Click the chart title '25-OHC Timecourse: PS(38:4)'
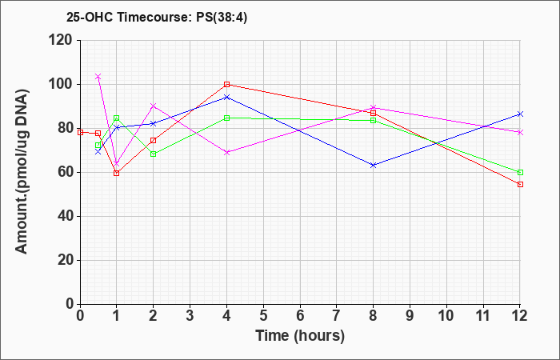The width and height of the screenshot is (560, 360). pyautogui.click(x=157, y=18)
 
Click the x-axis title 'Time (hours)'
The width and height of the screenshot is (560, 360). pyautogui.click(x=300, y=336)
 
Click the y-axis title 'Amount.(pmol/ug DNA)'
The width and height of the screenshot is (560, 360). pyautogui.click(x=22, y=172)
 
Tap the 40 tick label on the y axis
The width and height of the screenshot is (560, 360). pyautogui.click(x=66, y=217)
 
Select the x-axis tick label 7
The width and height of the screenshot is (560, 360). pyautogui.click(x=337, y=316)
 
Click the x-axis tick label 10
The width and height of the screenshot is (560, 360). pyautogui.click(x=446, y=316)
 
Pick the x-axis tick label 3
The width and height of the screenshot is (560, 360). pyautogui.click(x=190, y=316)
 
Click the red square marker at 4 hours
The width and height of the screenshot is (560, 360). pyautogui.click(x=226, y=84)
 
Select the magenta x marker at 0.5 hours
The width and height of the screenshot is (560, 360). pyautogui.click(x=98, y=77)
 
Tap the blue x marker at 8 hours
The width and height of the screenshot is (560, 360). pyautogui.click(x=374, y=166)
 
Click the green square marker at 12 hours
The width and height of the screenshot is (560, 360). pyautogui.click(x=520, y=173)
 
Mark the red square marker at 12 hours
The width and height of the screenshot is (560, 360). pyautogui.click(x=520, y=184)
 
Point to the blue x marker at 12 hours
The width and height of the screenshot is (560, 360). pyautogui.click(x=520, y=114)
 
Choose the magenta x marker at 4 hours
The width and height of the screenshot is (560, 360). pyautogui.click(x=226, y=153)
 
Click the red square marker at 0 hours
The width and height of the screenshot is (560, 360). pyautogui.click(x=80, y=132)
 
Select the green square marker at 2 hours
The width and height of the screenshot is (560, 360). pyautogui.click(x=154, y=154)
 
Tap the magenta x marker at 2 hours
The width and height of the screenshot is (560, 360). pyautogui.click(x=154, y=106)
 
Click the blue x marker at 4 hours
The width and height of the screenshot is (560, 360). pyautogui.click(x=226, y=97)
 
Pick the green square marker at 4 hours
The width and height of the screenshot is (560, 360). pyautogui.click(x=226, y=118)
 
